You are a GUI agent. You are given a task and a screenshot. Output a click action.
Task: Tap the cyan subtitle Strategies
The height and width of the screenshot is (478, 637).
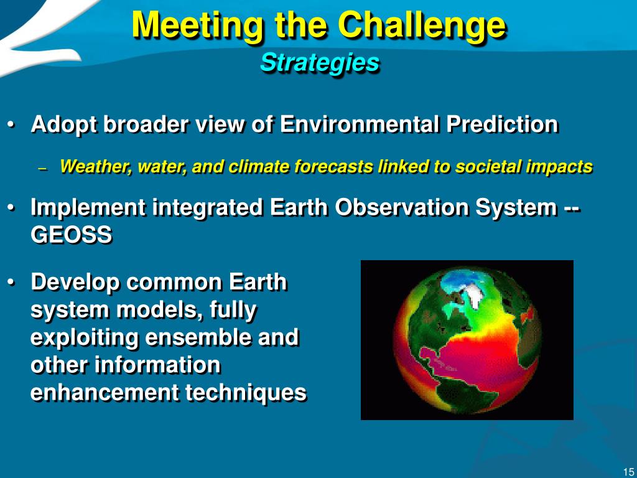(320, 63)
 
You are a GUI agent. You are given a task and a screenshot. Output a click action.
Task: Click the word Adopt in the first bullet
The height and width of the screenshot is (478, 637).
(64, 124)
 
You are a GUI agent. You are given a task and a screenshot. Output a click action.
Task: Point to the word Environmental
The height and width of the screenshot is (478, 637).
(360, 124)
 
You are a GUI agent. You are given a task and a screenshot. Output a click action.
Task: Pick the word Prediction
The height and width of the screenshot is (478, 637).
(502, 124)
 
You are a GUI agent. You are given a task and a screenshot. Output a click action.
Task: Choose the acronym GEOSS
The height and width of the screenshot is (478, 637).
(71, 235)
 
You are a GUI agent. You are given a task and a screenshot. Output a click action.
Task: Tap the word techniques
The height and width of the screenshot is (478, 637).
(245, 393)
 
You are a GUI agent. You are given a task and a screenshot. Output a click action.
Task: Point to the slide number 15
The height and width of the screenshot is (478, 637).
(628, 472)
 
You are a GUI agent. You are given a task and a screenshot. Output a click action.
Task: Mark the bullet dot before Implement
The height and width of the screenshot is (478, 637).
(12, 208)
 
